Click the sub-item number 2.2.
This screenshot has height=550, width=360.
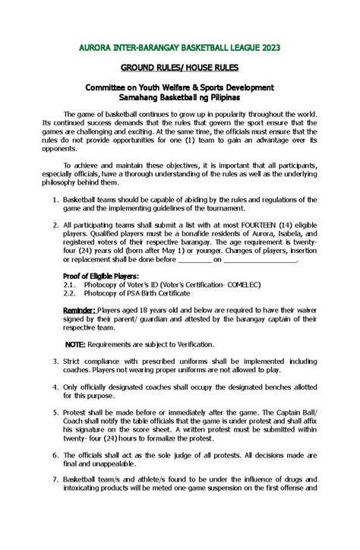tap(70, 293)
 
